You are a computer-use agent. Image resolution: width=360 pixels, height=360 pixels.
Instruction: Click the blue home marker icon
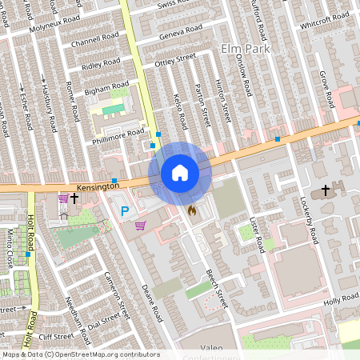180,173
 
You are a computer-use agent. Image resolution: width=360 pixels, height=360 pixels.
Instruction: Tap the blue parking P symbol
124,211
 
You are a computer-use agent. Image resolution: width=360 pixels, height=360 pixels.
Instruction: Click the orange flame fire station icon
191,209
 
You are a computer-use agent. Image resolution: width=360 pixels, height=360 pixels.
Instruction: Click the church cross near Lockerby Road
325,190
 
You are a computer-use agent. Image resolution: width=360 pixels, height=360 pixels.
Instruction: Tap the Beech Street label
217,289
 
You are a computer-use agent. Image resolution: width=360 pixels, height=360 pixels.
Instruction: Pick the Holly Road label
342,301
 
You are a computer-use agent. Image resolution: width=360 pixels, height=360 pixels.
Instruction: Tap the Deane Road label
151,301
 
